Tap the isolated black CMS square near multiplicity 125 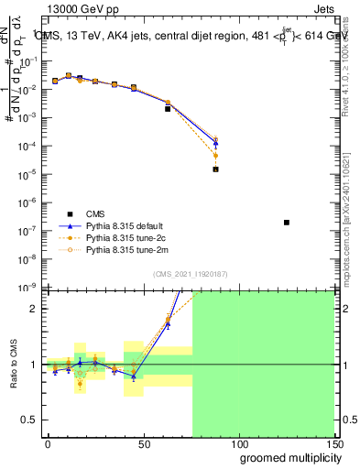[x=287, y=223]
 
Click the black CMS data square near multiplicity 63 [x=168, y=108]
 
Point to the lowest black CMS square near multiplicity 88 [x=215, y=169]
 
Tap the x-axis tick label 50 [x=143, y=442]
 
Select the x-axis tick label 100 [x=238, y=442]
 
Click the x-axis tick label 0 [x=48, y=442]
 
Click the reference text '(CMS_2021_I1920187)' [x=191, y=275]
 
